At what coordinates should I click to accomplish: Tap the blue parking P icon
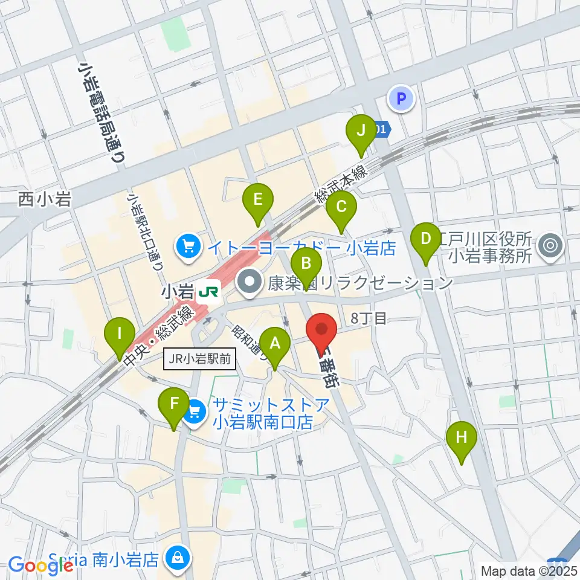402,97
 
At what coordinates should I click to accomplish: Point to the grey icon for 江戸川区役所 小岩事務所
550,245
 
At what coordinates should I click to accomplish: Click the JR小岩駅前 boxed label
199,360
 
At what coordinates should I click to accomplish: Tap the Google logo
41,565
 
